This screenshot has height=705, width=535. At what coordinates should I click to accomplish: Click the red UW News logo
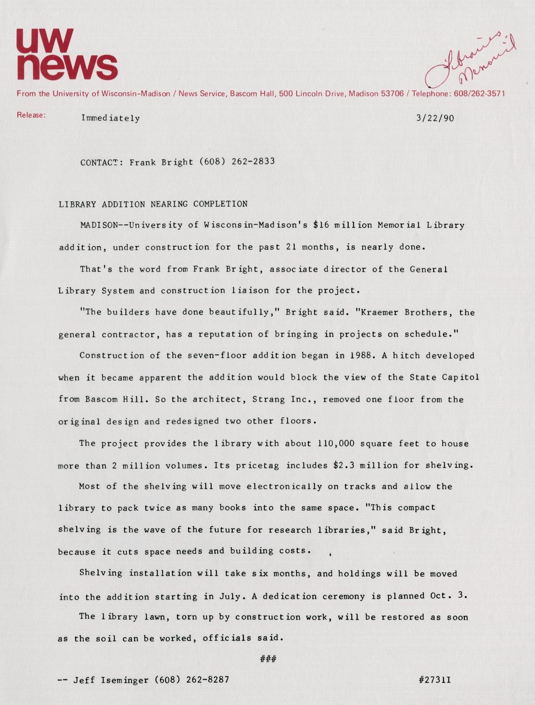pos(66,54)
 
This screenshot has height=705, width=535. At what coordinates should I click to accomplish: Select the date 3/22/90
pos(435,119)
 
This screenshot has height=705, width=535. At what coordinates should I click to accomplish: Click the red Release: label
pos(31,115)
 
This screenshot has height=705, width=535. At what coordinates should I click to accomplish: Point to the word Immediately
pos(110,119)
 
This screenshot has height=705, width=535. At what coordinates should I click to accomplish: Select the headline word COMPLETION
pos(220,204)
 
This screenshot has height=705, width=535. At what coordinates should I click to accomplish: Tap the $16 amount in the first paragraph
pos(321,225)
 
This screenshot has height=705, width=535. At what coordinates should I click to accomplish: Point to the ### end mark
pos(268,659)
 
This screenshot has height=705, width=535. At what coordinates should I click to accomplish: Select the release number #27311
pos(434,679)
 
